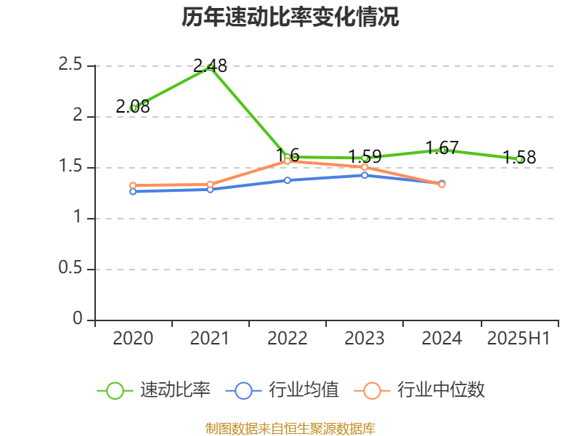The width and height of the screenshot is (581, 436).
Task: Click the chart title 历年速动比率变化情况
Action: [x=290, y=18]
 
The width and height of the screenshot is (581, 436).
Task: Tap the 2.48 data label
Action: [x=210, y=66]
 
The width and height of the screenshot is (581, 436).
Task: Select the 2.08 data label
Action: [x=133, y=107]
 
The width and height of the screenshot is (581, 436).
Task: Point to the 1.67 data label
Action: [x=442, y=148]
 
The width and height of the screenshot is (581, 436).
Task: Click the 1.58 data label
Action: [x=519, y=158]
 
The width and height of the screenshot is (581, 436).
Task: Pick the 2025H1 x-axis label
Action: [x=519, y=338]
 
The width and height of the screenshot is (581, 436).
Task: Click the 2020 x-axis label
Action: [x=133, y=338]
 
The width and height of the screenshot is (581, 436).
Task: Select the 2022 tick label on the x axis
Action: [x=287, y=338]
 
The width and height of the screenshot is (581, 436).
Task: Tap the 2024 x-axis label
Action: [x=442, y=338]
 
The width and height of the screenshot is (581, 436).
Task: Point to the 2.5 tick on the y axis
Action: [x=70, y=65]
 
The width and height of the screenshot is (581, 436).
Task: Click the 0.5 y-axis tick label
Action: [x=70, y=269]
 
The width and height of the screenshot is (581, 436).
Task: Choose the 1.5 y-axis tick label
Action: [x=70, y=167]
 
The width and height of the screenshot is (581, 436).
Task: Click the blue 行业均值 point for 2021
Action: [x=210, y=190]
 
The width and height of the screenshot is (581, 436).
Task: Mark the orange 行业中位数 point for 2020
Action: [x=133, y=185]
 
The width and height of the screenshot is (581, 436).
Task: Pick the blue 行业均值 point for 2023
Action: [x=365, y=175]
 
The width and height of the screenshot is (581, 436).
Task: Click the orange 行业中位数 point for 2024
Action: [x=442, y=185]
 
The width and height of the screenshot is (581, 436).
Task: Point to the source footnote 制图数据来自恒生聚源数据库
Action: [x=290, y=428]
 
